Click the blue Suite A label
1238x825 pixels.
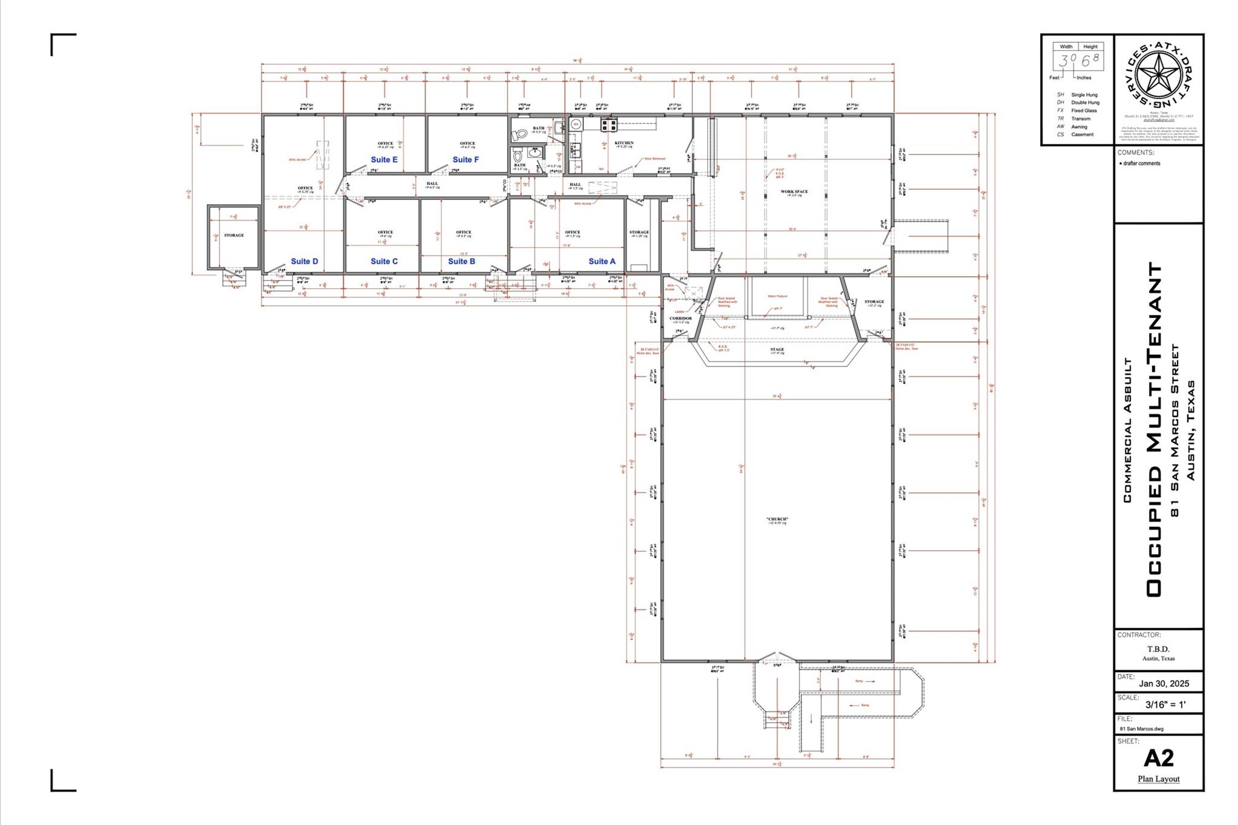[601, 261]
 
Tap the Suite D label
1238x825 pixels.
[304, 261]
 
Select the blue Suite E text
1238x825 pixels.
[384, 160]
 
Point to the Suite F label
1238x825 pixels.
[465, 160]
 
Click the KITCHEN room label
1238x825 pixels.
[624, 143]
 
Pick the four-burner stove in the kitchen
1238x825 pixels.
[608, 125]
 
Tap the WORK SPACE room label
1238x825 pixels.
[794, 192]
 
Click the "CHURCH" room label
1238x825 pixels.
[777, 519]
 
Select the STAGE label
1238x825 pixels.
[777, 349]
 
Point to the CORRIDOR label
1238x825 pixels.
[680, 318]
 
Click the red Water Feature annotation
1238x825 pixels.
[777, 296]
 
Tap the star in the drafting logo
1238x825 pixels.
[1158, 77]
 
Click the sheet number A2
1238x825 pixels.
[1158, 757]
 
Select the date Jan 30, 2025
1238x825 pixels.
[1164, 684]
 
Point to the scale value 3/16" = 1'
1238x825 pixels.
[1165, 704]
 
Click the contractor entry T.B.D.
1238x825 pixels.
[1158, 649]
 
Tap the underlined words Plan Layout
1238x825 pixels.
[1158, 778]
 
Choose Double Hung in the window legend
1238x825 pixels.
[1085, 103]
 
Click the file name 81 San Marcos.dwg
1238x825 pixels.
[1141, 728]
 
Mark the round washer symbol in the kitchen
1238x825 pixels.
[575, 125]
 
